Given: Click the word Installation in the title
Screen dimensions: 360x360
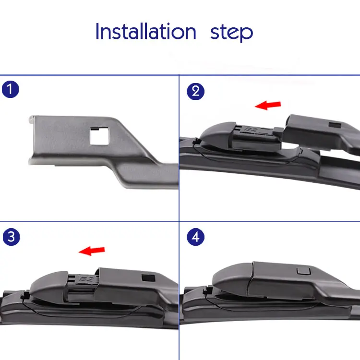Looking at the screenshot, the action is coord(146,31).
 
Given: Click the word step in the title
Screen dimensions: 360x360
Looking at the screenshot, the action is coord(231,33).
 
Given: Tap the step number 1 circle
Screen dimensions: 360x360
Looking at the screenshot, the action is coord(11,89).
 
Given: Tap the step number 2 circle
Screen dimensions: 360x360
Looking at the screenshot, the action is coord(195,91).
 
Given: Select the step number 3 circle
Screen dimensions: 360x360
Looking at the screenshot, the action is coord(11,237).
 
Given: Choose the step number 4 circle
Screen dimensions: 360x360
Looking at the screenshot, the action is coord(195,237).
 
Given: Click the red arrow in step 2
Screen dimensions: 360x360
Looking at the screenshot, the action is coord(268,105).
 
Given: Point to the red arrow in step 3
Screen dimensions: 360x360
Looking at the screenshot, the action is coord(92,251).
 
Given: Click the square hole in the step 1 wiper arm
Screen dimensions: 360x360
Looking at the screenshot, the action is coord(99,136).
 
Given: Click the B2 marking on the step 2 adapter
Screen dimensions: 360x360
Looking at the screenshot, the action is coord(252,130).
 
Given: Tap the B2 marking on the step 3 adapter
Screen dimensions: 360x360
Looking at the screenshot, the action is coord(86,279).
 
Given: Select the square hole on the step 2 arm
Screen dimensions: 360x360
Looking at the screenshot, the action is coord(335,125).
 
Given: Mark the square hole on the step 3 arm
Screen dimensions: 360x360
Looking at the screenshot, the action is coord(148,278).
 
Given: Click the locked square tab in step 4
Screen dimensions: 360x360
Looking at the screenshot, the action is coord(303,271).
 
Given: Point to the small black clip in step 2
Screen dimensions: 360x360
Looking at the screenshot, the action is coord(196,142).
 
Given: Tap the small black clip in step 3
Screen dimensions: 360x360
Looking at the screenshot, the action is coord(25,295).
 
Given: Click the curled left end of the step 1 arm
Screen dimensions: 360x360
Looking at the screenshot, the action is coord(31,120).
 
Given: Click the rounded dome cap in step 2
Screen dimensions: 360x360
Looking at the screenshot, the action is coord(217,134).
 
